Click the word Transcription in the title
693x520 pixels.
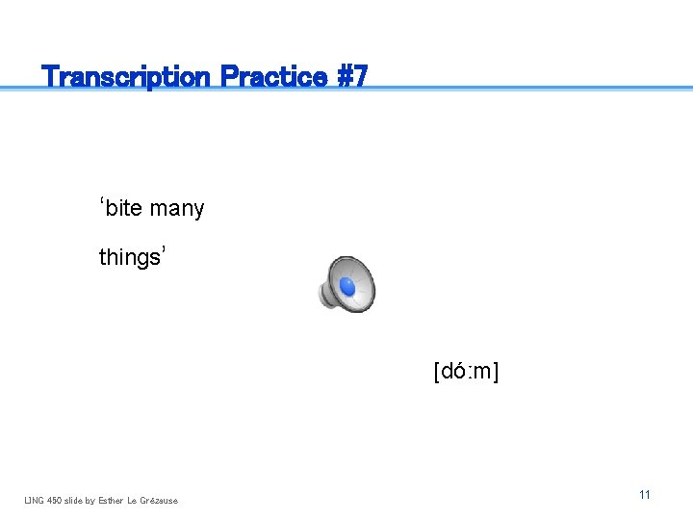point(127,76)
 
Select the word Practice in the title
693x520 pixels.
point(273,76)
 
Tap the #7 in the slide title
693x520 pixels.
point(350,76)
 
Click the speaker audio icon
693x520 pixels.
point(346,285)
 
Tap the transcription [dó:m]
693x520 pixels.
point(466,371)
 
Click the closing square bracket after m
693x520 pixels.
point(496,372)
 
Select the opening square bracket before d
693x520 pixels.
point(437,372)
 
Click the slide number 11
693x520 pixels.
point(645,494)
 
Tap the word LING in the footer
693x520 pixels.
point(34,500)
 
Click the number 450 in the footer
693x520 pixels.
point(54,500)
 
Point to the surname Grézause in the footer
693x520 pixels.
point(160,500)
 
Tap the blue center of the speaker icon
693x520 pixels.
point(347,287)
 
